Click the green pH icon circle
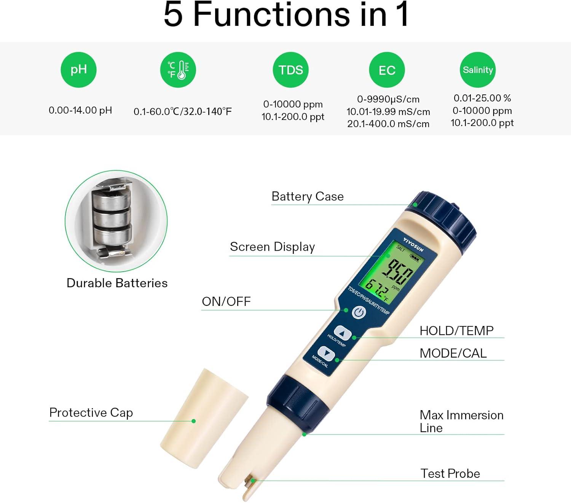[79, 70]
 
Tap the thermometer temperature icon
[178, 70]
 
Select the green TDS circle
[290, 70]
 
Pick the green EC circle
[387, 70]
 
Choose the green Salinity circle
[478, 70]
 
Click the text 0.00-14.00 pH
[80, 110]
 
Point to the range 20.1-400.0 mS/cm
[388, 124]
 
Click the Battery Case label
[308, 196]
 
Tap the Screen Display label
[272, 247]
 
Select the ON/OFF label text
[226, 301]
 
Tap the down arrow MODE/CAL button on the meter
[326, 353]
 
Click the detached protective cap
[204, 419]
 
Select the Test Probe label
[450, 473]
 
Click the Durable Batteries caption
[117, 283]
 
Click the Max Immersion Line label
[461, 421]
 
